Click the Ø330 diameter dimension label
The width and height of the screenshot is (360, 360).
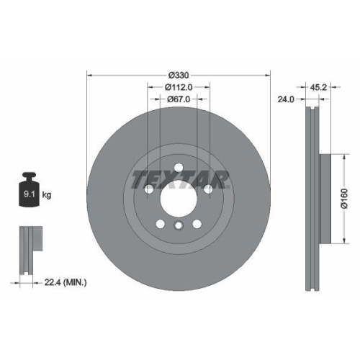click(x=178, y=76)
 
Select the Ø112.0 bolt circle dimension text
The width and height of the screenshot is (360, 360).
click(x=178, y=88)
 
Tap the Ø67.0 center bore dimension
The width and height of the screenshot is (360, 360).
click(x=178, y=100)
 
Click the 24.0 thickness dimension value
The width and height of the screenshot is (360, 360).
click(x=287, y=100)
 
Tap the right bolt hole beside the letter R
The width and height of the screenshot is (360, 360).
click(x=208, y=189)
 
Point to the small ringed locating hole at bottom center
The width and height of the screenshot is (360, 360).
click(x=178, y=226)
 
